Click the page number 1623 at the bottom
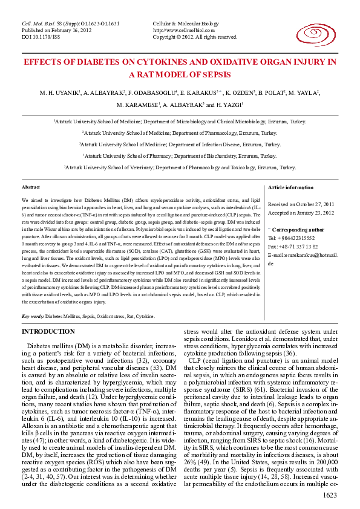tap(330, 496)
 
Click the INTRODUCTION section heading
tap(48, 332)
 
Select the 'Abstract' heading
tap(31, 188)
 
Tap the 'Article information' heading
tap(290, 188)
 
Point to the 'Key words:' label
tap(33, 316)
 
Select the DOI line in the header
tap(41, 37)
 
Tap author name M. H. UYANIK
tap(59, 92)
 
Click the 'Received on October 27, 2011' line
tap(300, 205)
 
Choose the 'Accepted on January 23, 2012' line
tap(301, 213)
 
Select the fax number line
tap(293, 247)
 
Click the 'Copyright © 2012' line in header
tap(194, 37)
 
